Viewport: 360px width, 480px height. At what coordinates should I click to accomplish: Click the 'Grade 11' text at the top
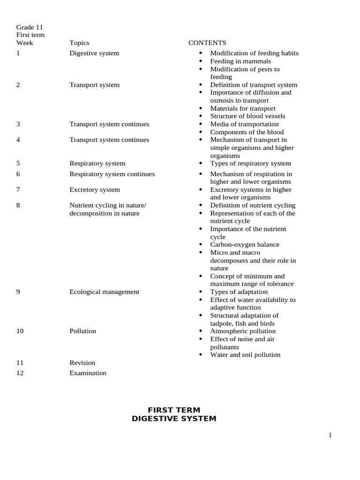click(30, 27)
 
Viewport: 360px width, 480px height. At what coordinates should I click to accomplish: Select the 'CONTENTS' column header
click(207, 43)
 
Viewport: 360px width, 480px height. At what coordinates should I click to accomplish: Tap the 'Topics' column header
click(79, 43)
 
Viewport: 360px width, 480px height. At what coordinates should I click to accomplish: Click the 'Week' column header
click(25, 43)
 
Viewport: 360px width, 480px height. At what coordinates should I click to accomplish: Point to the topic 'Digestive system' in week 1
click(94, 53)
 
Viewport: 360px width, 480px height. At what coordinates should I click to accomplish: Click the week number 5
click(18, 163)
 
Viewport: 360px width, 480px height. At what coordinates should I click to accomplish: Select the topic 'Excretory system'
click(95, 189)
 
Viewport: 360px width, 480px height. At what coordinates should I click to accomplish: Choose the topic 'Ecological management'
click(104, 292)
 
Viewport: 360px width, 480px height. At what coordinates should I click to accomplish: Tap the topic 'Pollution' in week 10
click(82, 331)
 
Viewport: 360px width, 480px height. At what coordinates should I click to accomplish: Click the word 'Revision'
click(82, 362)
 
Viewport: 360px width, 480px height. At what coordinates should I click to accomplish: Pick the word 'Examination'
click(88, 373)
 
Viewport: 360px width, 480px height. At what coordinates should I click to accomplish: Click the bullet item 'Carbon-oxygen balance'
click(244, 245)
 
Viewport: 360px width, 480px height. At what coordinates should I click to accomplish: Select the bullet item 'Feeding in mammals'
click(240, 61)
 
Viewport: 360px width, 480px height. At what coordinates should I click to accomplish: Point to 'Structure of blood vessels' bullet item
click(247, 116)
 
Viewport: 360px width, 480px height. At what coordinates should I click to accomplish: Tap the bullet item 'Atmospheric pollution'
click(243, 331)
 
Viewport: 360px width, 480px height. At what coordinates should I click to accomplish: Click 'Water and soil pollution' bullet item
click(245, 355)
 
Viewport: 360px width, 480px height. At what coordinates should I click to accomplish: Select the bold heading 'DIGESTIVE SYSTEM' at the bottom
click(174, 419)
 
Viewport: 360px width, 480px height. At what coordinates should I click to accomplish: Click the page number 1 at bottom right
click(330, 435)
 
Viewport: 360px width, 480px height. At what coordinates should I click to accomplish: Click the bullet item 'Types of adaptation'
click(239, 292)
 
